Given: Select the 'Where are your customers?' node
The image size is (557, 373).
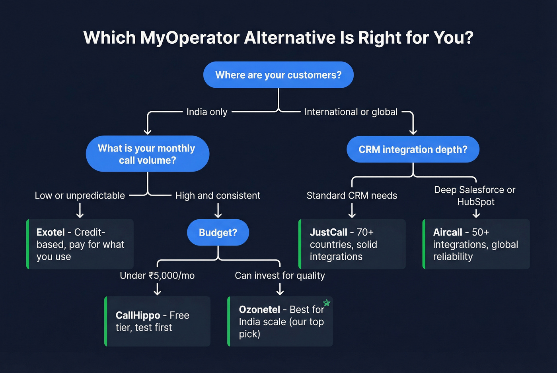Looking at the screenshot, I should [278, 75].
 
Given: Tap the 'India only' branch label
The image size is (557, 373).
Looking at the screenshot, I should [207, 112].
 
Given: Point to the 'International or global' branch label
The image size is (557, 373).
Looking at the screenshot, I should [351, 112].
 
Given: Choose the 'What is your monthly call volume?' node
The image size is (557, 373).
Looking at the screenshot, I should [147, 154].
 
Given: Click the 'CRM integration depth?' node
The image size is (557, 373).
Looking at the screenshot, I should [413, 149].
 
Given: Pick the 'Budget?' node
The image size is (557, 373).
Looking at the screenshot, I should [218, 232].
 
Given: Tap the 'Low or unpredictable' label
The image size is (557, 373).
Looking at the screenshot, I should [80, 195].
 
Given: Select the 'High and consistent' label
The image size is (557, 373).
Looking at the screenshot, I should [218, 195].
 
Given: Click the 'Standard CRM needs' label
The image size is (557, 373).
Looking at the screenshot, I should [352, 195].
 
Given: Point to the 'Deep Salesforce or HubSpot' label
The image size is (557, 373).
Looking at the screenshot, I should [475, 195].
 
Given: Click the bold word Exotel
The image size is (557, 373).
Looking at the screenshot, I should [51, 232].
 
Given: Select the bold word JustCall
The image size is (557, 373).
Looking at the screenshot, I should [328, 232].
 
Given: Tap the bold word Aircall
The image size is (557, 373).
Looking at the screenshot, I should [448, 232].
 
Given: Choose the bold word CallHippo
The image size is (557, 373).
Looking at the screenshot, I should [138, 315].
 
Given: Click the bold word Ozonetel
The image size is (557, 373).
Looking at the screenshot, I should [259, 309].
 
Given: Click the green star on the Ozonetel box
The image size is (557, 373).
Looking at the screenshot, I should [327, 303].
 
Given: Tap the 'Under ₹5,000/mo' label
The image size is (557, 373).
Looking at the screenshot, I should [157, 275].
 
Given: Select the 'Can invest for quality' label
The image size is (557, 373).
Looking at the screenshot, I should [280, 275].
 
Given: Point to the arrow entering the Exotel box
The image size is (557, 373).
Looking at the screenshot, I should [80, 211].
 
